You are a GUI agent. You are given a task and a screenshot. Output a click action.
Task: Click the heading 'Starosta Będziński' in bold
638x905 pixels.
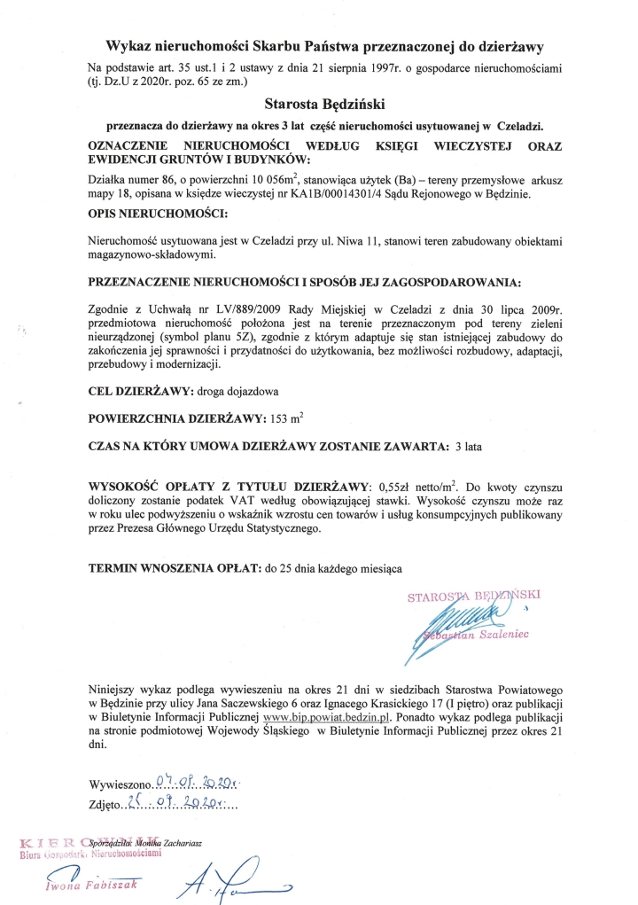321,104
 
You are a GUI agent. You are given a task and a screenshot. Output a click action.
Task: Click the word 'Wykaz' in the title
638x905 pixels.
130,45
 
